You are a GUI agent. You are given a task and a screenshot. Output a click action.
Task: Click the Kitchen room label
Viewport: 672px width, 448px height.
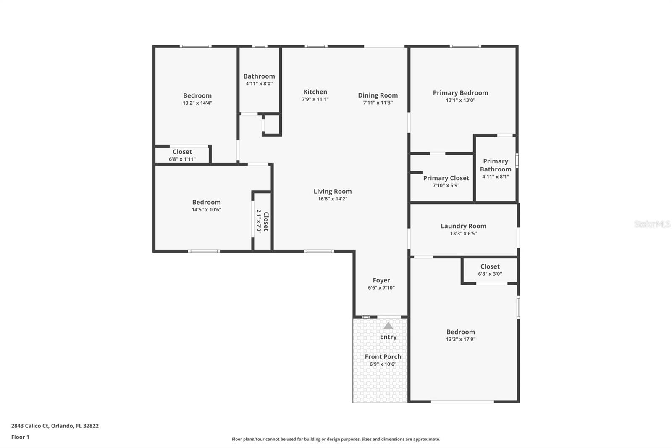315,92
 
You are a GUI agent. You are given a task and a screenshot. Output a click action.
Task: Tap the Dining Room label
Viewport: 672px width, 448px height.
378,95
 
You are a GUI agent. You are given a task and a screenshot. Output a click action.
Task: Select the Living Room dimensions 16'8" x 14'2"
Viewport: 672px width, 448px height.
332,199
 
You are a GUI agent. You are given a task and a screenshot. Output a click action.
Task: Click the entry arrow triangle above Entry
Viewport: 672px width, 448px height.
388,326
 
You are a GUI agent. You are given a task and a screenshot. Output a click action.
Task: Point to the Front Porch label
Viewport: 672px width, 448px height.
383,357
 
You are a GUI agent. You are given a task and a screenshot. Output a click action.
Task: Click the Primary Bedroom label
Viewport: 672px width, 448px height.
460,93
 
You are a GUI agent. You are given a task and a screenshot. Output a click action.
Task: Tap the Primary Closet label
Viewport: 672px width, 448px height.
446,178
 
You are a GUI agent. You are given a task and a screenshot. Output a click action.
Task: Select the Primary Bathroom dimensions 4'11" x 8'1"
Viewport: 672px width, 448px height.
496,177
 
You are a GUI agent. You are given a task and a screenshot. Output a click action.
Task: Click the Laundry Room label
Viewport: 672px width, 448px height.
463,226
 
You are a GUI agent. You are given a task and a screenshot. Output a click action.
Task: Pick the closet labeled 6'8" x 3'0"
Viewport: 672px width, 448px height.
490,270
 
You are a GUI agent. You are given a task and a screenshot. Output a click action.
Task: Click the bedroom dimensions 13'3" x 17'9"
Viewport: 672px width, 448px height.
461,339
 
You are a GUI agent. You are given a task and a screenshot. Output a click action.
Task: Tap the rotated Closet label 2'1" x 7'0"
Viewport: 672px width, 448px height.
263,221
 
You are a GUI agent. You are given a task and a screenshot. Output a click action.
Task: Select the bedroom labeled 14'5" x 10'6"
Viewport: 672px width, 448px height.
206,206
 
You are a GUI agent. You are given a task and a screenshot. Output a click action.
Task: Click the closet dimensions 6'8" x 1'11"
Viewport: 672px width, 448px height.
182,159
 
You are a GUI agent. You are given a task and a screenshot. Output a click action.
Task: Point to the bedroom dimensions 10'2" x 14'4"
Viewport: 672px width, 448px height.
197,103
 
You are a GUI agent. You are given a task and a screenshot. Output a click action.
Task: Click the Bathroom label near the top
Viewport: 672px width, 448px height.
259,76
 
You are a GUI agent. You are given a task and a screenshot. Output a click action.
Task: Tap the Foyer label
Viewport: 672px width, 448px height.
381,280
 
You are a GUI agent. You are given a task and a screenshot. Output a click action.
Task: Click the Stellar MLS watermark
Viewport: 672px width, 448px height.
652,224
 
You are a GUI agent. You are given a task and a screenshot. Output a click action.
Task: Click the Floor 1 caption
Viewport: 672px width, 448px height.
20,437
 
